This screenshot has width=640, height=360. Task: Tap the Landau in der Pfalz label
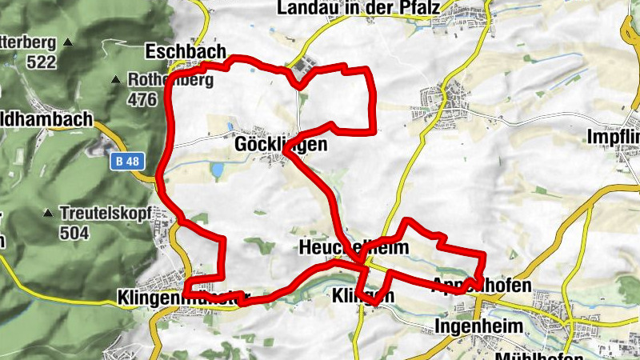pyautogui.click(x=359, y=8)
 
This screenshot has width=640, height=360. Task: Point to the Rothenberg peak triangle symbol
pyautogui.click(x=117, y=80)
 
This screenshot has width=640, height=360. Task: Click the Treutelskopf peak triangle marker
pyautogui.click(x=50, y=214)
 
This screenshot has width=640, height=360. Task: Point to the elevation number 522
pyautogui.click(x=42, y=62)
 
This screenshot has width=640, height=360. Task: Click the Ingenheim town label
pyautogui.click(x=478, y=326)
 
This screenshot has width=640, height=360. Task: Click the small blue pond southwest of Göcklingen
pyautogui.click(x=217, y=170)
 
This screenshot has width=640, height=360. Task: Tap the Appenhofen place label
pyautogui.click(x=482, y=285)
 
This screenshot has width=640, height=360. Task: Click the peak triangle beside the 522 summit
pyautogui.click(x=68, y=42)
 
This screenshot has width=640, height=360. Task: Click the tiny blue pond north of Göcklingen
pyautogui.click(x=230, y=126)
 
